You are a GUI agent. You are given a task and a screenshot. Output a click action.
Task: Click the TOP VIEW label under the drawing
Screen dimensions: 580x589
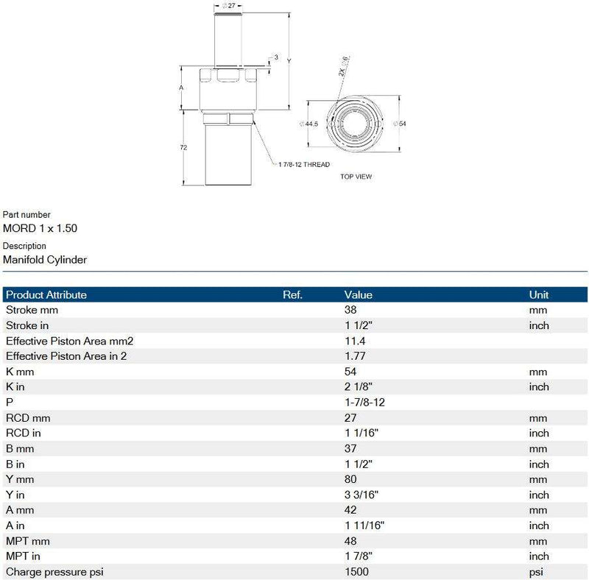(356, 177)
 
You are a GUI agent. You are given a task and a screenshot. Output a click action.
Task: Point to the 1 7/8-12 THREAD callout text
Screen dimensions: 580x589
(304, 164)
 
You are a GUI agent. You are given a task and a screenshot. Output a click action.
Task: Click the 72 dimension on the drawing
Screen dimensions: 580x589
(183, 148)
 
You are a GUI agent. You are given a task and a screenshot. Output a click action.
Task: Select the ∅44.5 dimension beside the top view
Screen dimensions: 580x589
(309, 124)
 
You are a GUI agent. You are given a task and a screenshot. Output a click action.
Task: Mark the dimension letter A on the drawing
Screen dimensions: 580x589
(182, 87)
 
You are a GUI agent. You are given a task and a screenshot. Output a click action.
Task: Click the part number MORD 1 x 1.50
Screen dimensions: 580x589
(40, 228)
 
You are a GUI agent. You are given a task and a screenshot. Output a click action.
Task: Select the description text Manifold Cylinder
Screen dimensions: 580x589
(45, 259)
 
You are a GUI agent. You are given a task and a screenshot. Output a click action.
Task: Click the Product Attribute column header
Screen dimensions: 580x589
(46, 294)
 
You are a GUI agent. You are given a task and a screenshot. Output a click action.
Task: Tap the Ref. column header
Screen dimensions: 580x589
(293, 294)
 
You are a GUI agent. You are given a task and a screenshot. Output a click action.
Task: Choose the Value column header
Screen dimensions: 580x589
(358, 294)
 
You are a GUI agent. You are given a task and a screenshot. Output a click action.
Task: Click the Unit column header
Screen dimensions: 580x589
(539, 294)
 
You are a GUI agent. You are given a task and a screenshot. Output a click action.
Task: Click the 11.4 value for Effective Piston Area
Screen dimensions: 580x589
(354, 341)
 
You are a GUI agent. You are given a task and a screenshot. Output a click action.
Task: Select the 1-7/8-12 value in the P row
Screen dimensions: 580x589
(364, 403)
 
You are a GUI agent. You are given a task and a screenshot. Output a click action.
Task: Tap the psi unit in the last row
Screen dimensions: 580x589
(536, 572)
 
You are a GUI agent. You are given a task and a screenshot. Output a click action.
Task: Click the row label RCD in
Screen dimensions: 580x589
(23, 434)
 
